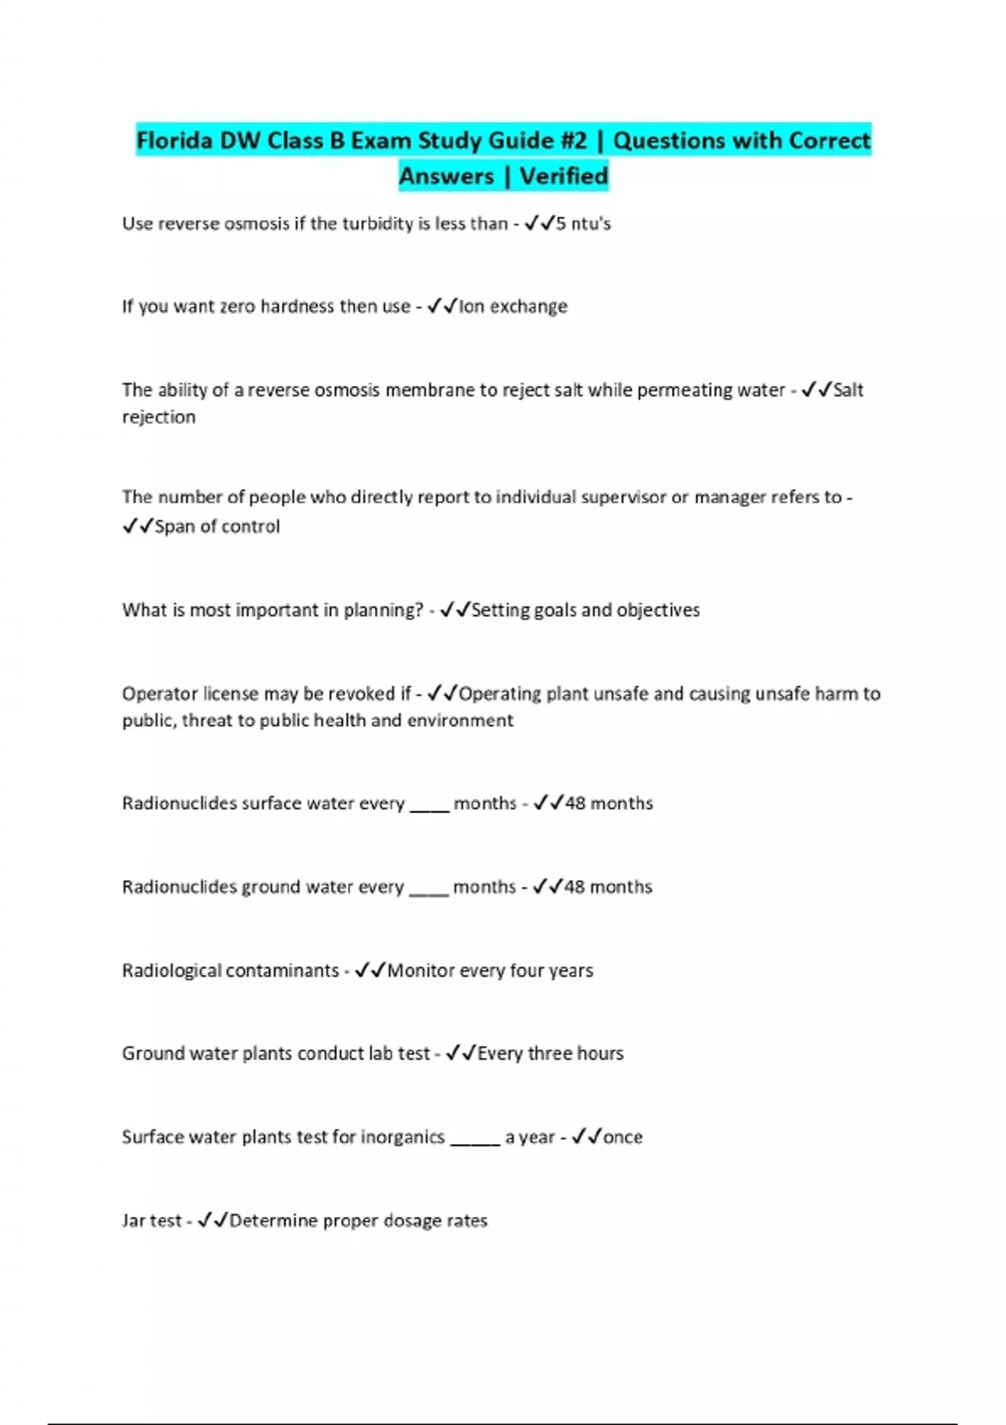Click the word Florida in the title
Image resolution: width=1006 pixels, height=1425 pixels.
[x=174, y=140]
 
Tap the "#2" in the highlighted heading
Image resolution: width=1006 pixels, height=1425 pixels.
[x=573, y=140]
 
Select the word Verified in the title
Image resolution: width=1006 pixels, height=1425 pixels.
[x=563, y=176]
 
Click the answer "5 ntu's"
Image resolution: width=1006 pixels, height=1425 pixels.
[x=583, y=224]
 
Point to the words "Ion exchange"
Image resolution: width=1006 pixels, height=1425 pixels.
[x=513, y=307]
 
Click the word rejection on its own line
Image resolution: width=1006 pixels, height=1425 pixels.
[x=158, y=417]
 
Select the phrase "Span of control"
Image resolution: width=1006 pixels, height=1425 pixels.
[x=217, y=526]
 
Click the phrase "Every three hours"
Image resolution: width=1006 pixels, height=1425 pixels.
[x=550, y=1054]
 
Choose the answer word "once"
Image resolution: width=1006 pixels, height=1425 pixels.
[x=623, y=1137]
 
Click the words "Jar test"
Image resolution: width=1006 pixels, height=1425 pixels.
[x=151, y=1221]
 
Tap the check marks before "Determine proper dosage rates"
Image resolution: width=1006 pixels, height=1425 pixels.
[x=213, y=1221]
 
